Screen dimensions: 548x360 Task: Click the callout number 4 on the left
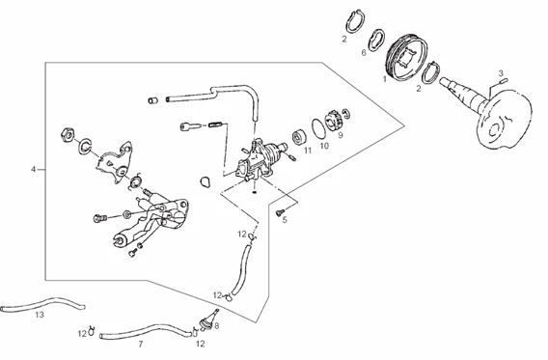[34, 170]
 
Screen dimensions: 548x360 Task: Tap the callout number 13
[40, 315]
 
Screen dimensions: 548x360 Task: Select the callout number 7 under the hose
[141, 345]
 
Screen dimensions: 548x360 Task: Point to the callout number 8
[217, 326]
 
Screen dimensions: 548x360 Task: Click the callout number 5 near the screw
[285, 220]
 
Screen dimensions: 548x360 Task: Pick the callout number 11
[308, 151]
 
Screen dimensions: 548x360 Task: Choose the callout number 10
[325, 146]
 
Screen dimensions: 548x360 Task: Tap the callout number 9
[341, 134]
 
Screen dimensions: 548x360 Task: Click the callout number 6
[364, 53]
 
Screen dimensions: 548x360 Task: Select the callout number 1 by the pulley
[385, 79]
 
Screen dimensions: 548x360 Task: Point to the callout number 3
[501, 73]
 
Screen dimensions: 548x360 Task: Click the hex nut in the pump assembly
[68, 134]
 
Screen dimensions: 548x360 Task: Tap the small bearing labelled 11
[299, 137]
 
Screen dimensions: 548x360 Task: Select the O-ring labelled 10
[319, 127]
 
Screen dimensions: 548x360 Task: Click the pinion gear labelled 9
[333, 121]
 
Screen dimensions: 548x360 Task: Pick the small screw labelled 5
[280, 211]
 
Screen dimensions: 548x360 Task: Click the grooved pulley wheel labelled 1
[407, 58]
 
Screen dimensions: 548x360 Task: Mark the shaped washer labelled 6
[377, 40]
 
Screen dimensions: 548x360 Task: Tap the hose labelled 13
[42, 304]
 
